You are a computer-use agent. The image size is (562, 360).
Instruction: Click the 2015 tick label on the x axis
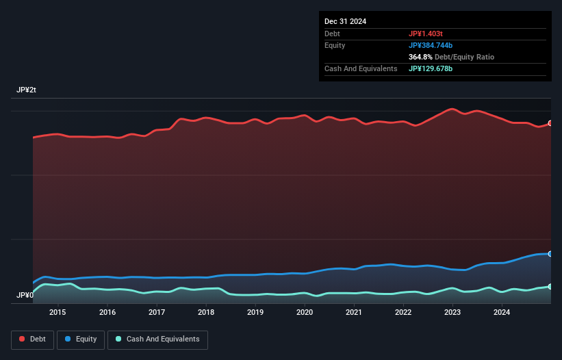[58, 313]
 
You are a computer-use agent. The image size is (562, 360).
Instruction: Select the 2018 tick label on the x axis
[206, 313]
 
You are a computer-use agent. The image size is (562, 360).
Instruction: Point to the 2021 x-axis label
[354, 313]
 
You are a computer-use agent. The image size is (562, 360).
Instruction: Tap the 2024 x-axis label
[502, 313]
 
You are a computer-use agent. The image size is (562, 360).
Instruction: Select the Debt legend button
[31, 339]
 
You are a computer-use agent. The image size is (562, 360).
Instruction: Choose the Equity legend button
[81, 339]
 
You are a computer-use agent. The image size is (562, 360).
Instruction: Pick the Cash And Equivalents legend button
[157, 339]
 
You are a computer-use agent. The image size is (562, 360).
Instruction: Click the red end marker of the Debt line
[550, 123]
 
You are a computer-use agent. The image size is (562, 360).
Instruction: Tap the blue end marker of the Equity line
[550, 254]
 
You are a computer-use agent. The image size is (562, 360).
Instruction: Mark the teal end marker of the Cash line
[550, 287]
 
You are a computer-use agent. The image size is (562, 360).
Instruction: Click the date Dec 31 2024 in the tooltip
[345, 21]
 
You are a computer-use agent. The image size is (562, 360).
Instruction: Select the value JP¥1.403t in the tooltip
[426, 34]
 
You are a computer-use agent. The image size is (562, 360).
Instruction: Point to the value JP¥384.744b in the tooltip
[431, 45]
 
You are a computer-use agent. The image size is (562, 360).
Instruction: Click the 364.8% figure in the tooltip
[422, 57]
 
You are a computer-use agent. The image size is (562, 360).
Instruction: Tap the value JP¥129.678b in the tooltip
[431, 69]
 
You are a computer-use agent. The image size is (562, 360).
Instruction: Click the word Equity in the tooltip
[335, 45]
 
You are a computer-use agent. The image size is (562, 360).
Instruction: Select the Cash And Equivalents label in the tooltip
[361, 69]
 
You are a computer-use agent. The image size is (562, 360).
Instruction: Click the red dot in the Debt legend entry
[23, 339]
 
